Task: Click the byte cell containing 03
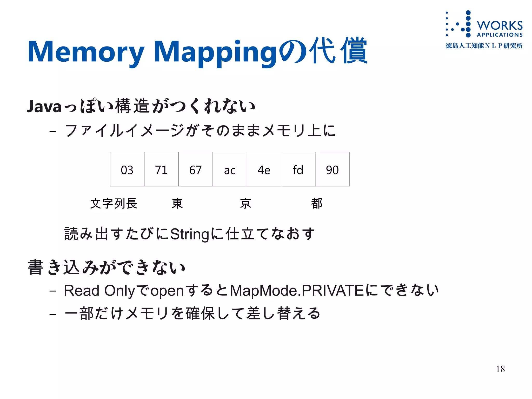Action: pyautogui.click(x=127, y=169)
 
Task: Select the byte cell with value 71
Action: pyautogui.click(x=161, y=169)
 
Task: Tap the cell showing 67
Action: pyautogui.click(x=195, y=169)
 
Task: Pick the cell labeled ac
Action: pyautogui.click(x=230, y=169)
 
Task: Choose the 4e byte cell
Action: pyautogui.click(x=264, y=169)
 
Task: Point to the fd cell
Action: pyautogui.click(x=298, y=169)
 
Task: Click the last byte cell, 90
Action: pyautogui.click(x=332, y=169)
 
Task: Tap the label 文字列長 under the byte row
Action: pyautogui.click(x=114, y=203)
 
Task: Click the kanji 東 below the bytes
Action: pyautogui.click(x=177, y=203)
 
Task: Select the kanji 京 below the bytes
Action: pyautogui.click(x=245, y=203)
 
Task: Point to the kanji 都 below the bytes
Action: pyautogui.click(x=317, y=203)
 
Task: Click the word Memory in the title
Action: pyautogui.click(x=86, y=52)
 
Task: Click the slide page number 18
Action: pyautogui.click(x=500, y=369)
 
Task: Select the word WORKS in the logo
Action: pyautogui.click(x=500, y=25)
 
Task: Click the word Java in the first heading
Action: pyautogui.click(x=44, y=106)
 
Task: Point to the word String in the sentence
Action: pyautogui.click(x=190, y=234)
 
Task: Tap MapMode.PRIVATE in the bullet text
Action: pyautogui.click(x=297, y=290)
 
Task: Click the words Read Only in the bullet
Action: pyautogui.click(x=99, y=290)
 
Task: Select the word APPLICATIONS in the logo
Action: pyautogui.click(x=500, y=35)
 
